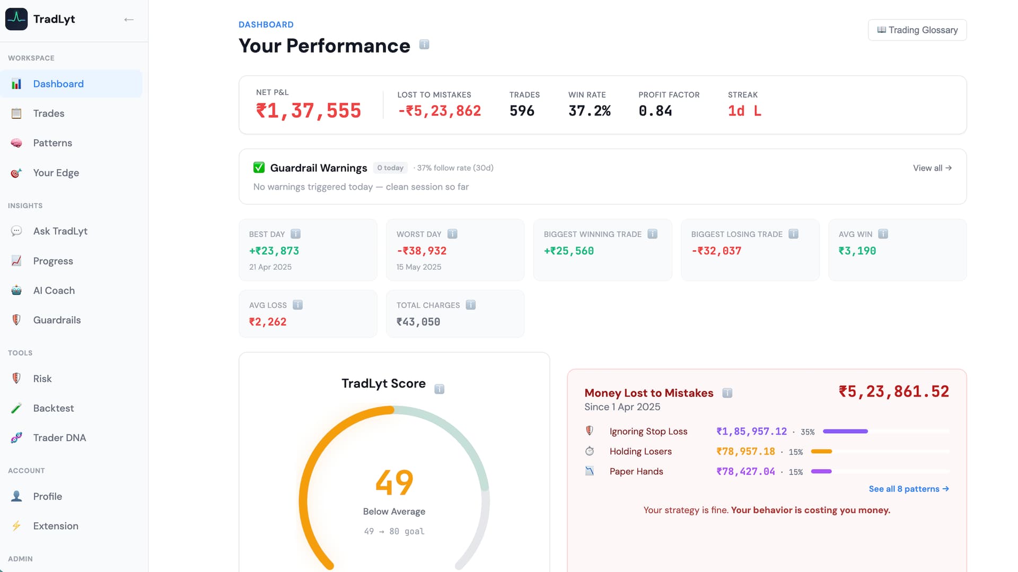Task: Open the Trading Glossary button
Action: click(x=917, y=30)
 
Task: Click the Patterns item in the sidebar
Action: click(x=52, y=143)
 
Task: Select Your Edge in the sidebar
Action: click(x=56, y=173)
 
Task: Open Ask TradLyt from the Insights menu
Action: click(x=60, y=231)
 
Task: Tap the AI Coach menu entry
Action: click(x=54, y=291)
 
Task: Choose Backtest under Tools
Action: click(x=53, y=408)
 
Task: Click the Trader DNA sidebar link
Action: click(x=59, y=438)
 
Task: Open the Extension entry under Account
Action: click(x=56, y=526)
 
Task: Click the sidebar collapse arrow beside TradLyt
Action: click(x=129, y=20)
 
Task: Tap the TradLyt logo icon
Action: click(x=16, y=19)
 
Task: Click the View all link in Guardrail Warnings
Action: click(x=932, y=168)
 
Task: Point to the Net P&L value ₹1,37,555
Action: click(x=309, y=111)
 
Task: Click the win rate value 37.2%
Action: click(x=590, y=111)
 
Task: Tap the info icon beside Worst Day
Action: click(x=452, y=234)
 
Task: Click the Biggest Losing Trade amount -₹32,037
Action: click(x=716, y=251)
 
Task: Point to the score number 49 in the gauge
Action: click(x=394, y=482)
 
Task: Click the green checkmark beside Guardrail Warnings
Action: click(x=259, y=168)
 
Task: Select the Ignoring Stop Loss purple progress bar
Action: click(x=845, y=432)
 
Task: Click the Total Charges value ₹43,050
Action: click(x=418, y=322)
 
